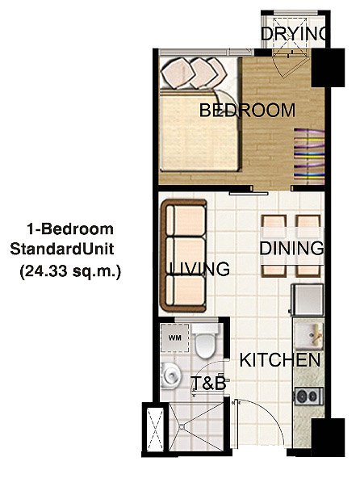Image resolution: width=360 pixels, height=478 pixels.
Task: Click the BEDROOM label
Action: [x=247, y=111]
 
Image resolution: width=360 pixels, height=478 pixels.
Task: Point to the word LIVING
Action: [x=198, y=268]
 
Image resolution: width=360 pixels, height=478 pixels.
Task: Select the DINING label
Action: [x=291, y=249]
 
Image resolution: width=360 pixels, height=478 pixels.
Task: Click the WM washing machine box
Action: [x=174, y=338]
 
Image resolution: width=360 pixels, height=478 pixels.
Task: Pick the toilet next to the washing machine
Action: [x=207, y=345]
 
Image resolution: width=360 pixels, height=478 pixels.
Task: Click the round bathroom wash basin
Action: [x=171, y=374]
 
